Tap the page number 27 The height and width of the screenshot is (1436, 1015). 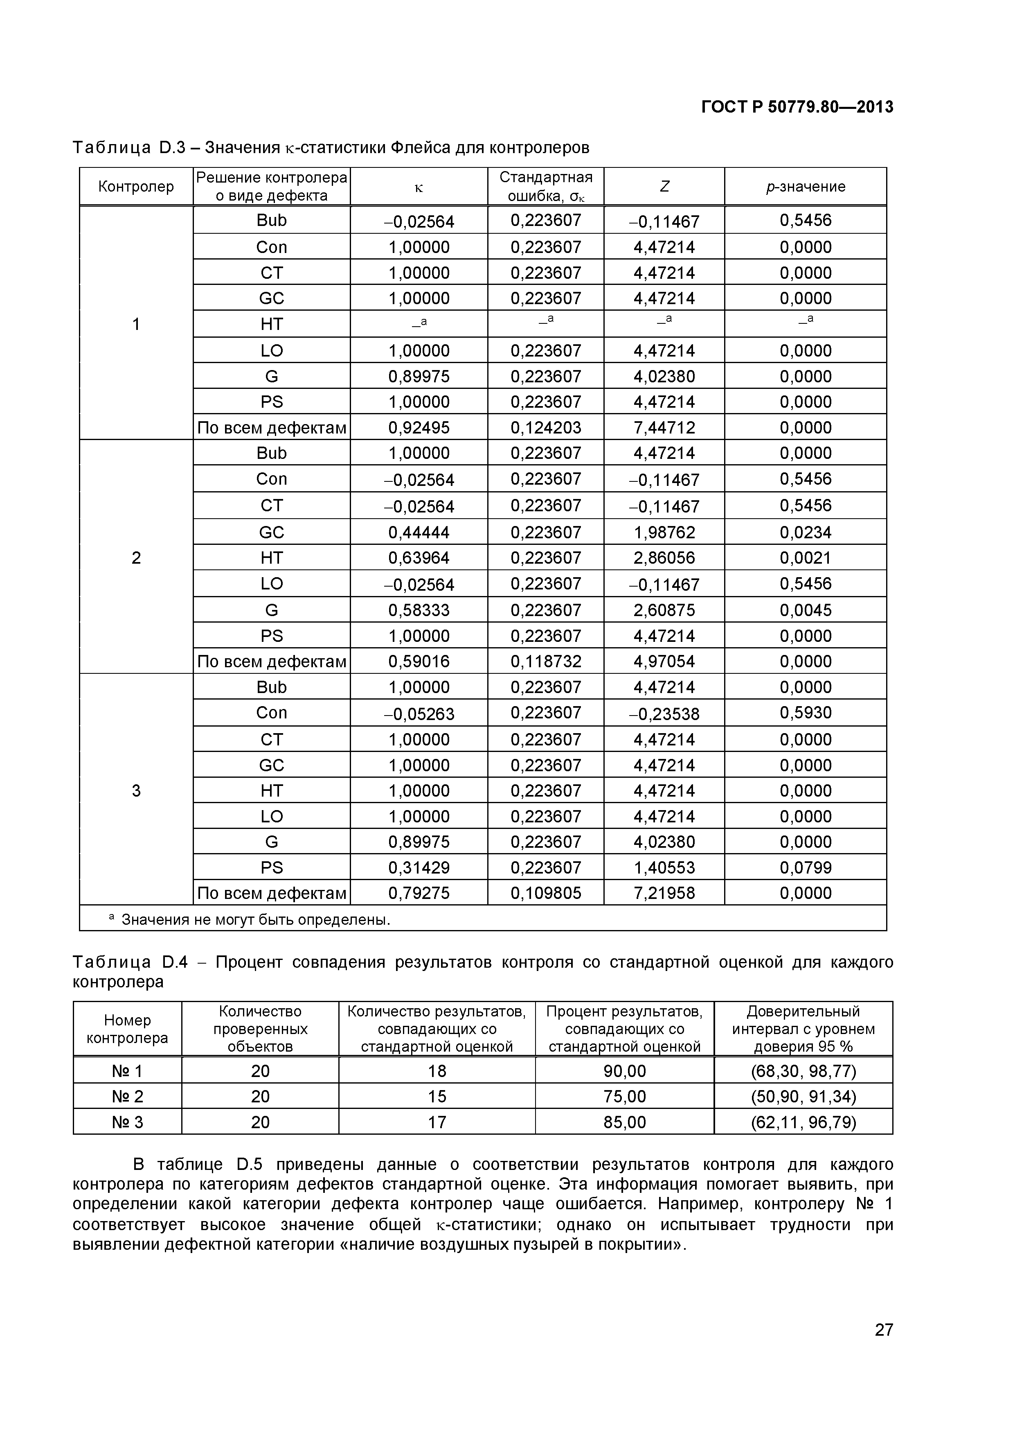[x=884, y=1347]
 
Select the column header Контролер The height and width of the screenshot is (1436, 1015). [x=136, y=186]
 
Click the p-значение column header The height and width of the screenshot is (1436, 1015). [x=805, y=186]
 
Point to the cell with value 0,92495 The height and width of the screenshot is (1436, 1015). [x=419, y=428]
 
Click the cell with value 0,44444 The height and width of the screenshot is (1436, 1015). [x=419, y=532]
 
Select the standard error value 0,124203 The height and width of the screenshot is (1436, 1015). [x=546, y=428]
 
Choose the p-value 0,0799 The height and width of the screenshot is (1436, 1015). [x=805, y=867]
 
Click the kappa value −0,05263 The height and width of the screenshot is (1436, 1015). [x=419, y=713]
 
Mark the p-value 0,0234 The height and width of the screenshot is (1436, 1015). [x=805, y=532]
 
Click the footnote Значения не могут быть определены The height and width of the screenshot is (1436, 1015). [x=255, y=919]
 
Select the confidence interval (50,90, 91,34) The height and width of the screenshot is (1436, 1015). [x=803, y=1096]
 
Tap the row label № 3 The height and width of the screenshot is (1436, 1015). [x=128, y=1122]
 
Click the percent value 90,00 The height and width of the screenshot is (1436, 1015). [x=624, y=1071]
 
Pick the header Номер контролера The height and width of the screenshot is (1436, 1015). [x=128, y=1029]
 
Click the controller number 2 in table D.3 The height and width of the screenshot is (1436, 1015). [x=136, y=558]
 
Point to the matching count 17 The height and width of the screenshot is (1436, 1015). [x=437, y=1122]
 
